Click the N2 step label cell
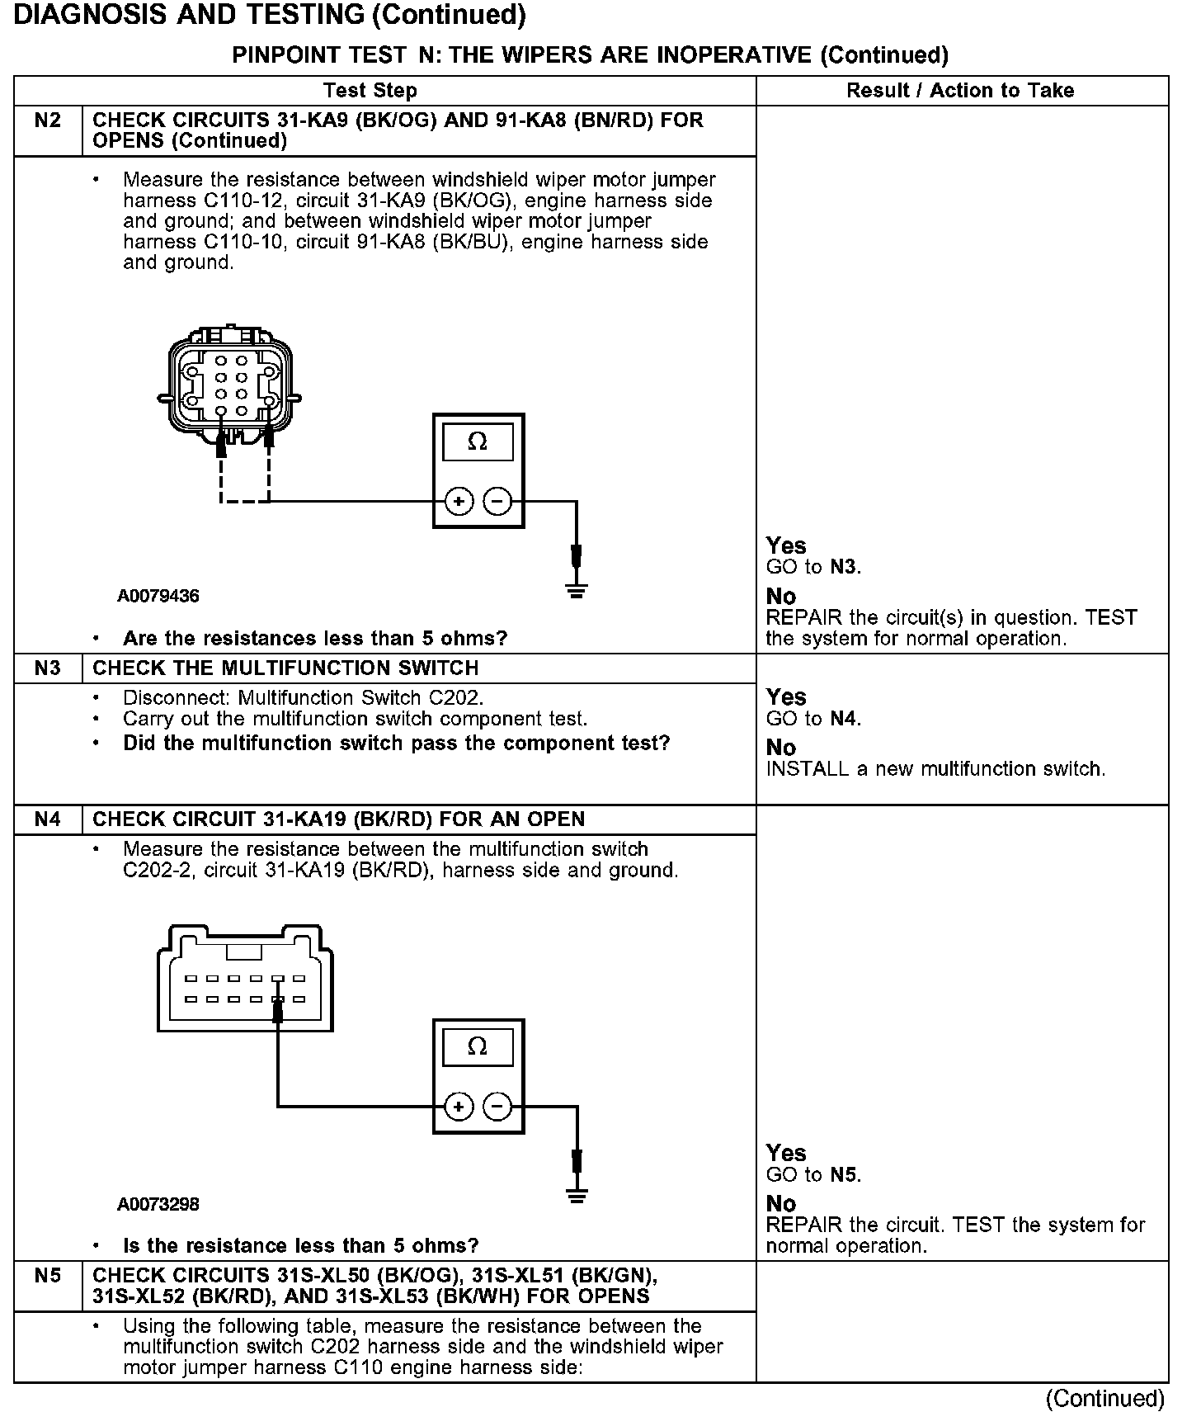48,120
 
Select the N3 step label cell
48,668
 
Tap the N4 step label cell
48,819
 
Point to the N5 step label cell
48,1276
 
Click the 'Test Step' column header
370,91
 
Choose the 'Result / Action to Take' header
960,91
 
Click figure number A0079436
158,596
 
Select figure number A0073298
158,1204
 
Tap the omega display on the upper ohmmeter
478,442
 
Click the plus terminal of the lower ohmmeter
459,1107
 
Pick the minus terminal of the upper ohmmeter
497,501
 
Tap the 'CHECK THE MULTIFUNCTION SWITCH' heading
285,668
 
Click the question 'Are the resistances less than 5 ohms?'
315,639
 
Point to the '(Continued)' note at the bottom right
1105,1398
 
